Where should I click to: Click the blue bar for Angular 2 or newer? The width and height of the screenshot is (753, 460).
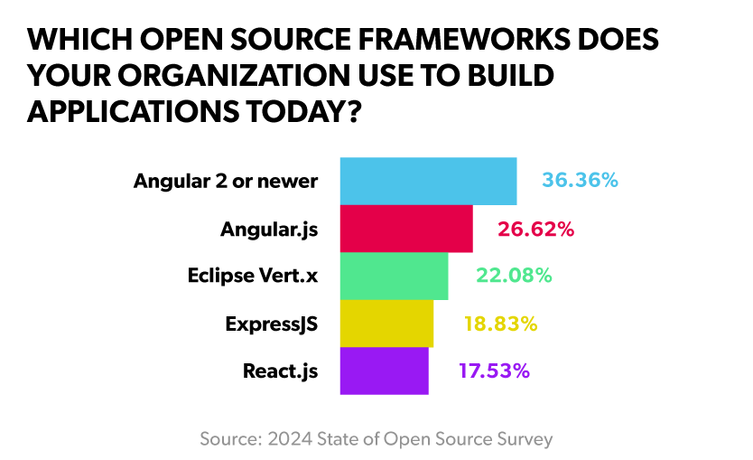[428, 181]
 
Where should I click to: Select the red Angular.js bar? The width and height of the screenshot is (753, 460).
[406, 229]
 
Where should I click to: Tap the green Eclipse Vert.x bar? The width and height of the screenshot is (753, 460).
[394, 276]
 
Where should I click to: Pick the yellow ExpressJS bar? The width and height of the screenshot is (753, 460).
[386, 324]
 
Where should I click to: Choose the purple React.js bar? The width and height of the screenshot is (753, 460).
[384, 371]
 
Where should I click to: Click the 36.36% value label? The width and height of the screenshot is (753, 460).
[580, 181]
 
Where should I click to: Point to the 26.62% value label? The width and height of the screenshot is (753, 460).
[535, 229]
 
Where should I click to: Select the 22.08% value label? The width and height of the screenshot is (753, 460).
[513, 276]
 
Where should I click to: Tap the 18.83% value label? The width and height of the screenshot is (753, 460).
[500, 324]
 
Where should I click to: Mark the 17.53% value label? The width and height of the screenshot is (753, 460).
[492, 371]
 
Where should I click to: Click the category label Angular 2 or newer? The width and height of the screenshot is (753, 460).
[226, 181]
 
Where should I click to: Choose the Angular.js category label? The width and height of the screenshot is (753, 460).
[269, 229]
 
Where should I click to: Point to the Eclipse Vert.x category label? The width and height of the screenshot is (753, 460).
[253, 276]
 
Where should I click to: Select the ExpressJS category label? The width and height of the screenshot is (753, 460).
[271, 324]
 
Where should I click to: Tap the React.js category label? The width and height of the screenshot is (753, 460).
[280, 371]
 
